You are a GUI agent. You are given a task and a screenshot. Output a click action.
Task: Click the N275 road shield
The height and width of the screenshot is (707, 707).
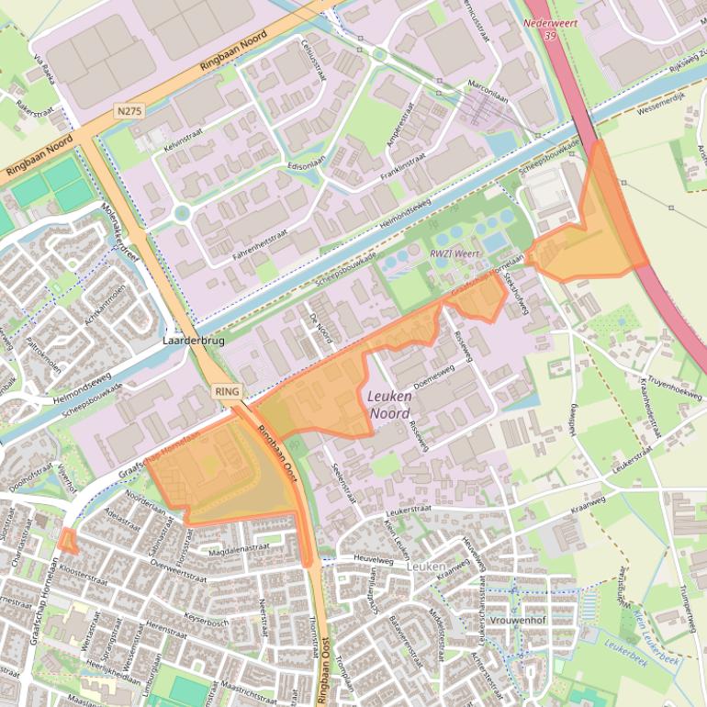[129, 110]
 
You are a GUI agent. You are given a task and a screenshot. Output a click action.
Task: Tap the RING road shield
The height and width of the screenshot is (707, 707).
[227, 391]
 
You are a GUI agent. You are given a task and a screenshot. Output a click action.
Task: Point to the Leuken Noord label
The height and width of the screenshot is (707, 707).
[389, 405]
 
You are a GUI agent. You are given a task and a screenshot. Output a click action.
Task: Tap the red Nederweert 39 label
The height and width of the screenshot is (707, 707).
[549, 28]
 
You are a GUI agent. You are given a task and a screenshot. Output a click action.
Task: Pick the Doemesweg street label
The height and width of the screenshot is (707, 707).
[435, 376]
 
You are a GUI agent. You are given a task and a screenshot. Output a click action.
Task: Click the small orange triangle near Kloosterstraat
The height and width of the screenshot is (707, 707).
[67, 542]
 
